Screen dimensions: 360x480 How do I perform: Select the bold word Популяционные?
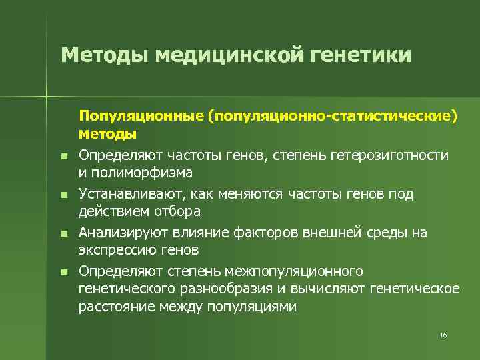click(x=141, y=117)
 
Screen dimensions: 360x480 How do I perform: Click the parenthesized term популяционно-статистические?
click(x=332, y=117)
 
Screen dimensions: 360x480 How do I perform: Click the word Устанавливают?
click(x=131, y=194)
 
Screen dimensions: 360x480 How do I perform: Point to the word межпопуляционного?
click(x=300, y=271)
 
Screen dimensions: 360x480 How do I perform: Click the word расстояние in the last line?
click(x=111, y=306)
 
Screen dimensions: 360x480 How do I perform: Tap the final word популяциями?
click(x=255, y=306)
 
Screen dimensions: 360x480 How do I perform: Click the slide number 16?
click(x=443, y=335)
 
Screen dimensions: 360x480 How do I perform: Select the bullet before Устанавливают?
click(x=63, y=195)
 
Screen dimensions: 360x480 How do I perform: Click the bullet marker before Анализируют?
click(x=63, y=234)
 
